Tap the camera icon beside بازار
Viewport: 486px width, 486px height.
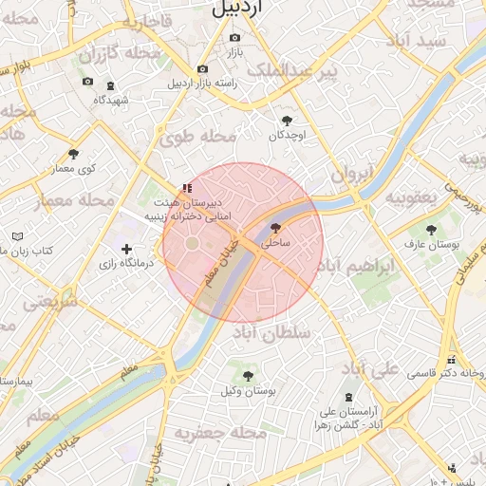pyautogui.click(x=235, y=38)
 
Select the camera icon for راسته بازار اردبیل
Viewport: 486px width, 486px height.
pyautogui.click(x=202, y=69)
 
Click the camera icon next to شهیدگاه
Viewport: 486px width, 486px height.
pyautogui.click(x=110, y=85)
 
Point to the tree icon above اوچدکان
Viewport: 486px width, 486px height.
pyautogui.click(x=288, y=121)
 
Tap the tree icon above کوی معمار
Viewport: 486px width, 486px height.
pyautogui.click(x=73, y=154)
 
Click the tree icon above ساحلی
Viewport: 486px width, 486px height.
pyautogui.click(x=275, y=229)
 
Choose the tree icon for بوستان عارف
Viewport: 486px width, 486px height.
pyautogui.click(x=432, y=230)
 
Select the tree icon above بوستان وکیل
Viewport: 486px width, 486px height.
pyautogui.click(x=248, y=376)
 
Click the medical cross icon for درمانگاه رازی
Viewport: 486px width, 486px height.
pyautogui.click(x=126, y=249)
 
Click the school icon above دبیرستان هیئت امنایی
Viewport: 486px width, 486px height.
pyautogui.click(x=187, y=188)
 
